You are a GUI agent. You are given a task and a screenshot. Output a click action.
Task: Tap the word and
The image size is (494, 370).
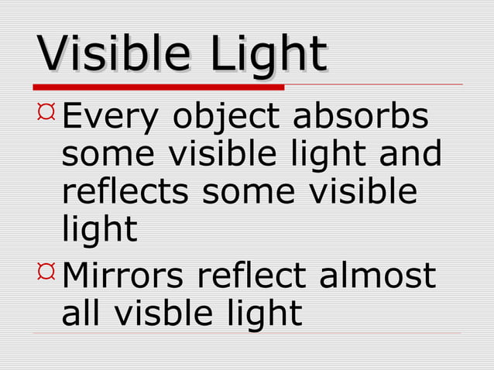click(410, 155)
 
